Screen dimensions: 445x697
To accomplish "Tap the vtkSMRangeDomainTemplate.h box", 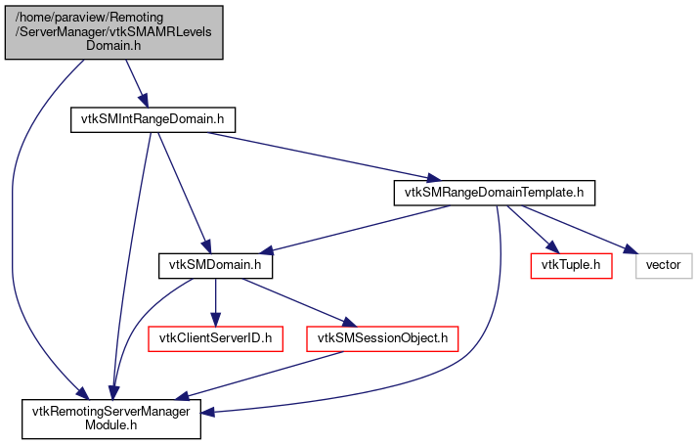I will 494,193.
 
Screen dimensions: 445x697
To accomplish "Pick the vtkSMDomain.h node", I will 216,265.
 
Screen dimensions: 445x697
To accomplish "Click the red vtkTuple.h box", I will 570,265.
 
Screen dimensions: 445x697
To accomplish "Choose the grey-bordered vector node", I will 664,265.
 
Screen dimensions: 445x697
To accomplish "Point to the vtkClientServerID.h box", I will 215,338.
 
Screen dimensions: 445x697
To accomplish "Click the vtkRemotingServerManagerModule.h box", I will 111,418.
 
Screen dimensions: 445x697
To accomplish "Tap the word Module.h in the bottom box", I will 111,425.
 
